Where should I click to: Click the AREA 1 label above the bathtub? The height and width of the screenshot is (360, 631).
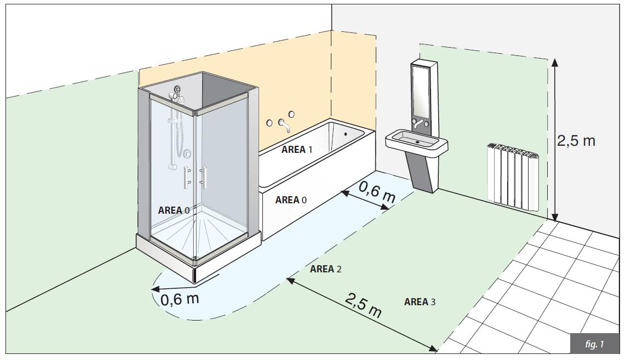[297, 150]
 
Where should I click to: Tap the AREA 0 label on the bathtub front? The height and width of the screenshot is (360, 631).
[291, 200]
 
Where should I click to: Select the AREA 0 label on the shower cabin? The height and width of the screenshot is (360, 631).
[174, 210]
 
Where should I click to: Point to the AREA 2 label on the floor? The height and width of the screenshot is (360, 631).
[325, 269]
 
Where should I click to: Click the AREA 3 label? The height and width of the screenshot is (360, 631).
[420, 302]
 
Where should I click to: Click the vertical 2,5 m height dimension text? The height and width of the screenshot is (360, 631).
[576, 141]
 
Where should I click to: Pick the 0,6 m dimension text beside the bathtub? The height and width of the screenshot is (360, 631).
[377, 193]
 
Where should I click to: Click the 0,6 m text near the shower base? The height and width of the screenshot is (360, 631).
[180, 299]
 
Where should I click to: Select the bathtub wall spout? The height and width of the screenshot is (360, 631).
[284, 125]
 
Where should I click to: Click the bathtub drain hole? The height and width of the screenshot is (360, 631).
[346, 134]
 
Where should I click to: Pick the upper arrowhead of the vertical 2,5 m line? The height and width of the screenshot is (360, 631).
[555, 62]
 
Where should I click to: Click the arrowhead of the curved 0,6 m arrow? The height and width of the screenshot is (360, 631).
[156, 289]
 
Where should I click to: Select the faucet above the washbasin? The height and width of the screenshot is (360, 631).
[420, 124]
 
